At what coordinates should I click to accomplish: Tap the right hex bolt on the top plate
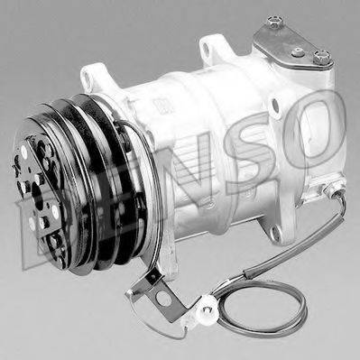pos(321,59)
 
